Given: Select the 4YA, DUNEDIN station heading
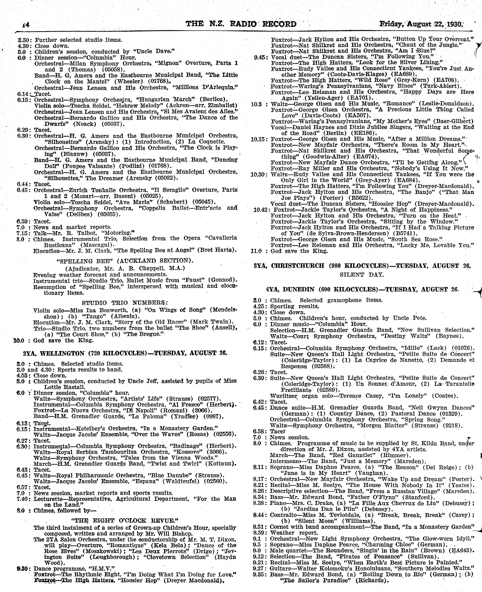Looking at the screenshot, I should pyautogui.click(x=362, y=289).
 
